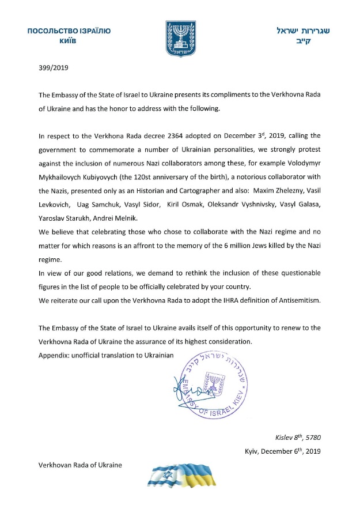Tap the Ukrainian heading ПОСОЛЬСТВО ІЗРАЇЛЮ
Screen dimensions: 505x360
tap(69, 31)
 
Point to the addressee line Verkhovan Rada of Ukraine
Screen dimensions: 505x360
tap(80, 465)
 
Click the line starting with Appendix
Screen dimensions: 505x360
tap(105, 353)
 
